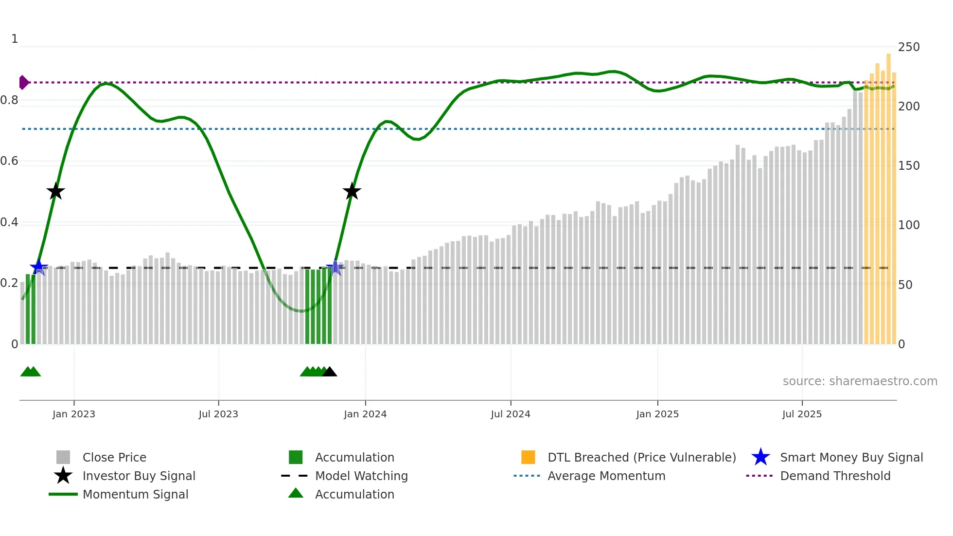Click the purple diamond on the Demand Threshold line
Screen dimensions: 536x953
pyautogui.click(x=23, y=83)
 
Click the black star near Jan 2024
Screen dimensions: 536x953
pyautogui.click(x=352, y=191)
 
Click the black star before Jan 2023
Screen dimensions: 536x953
pyautogui.click(x=55, y=191)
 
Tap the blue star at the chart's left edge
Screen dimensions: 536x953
pyautogui.click(x=38, y=267)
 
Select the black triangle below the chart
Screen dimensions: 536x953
pyautogui.click(x=330, y=372)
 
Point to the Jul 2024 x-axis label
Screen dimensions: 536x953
pyautogui.click(x=510, y=414)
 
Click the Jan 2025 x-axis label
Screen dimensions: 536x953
pyautogui.click(x=657, y=414)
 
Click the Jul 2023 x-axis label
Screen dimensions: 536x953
pyautogui.click(x=218, y=414)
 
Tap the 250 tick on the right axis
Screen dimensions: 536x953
pyautogui.click(x=908, y=47)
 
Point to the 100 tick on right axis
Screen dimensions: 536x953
pyautogui.click(x=908, y=225)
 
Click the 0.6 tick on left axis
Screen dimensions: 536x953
pyautogui.click(x=9, y=161)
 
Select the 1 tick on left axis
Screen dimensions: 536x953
pyautogui.click(x=15, y=39)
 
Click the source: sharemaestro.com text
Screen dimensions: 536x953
pyautogui.click(x=860, y=381)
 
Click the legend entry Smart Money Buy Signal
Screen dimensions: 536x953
pyautogui.click(x=851, y=457)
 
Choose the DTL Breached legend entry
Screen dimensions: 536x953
pyautogui.click(x=641, y=457)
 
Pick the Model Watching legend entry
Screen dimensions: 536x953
pyautogui.click(x=361, y=476)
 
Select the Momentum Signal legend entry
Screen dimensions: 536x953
pyautogui.click(x=135, y=494)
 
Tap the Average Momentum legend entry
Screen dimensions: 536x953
pyautogui.click(x=606, y=476)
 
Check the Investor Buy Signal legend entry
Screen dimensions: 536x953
pyautogui.click(x=139, y=476)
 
